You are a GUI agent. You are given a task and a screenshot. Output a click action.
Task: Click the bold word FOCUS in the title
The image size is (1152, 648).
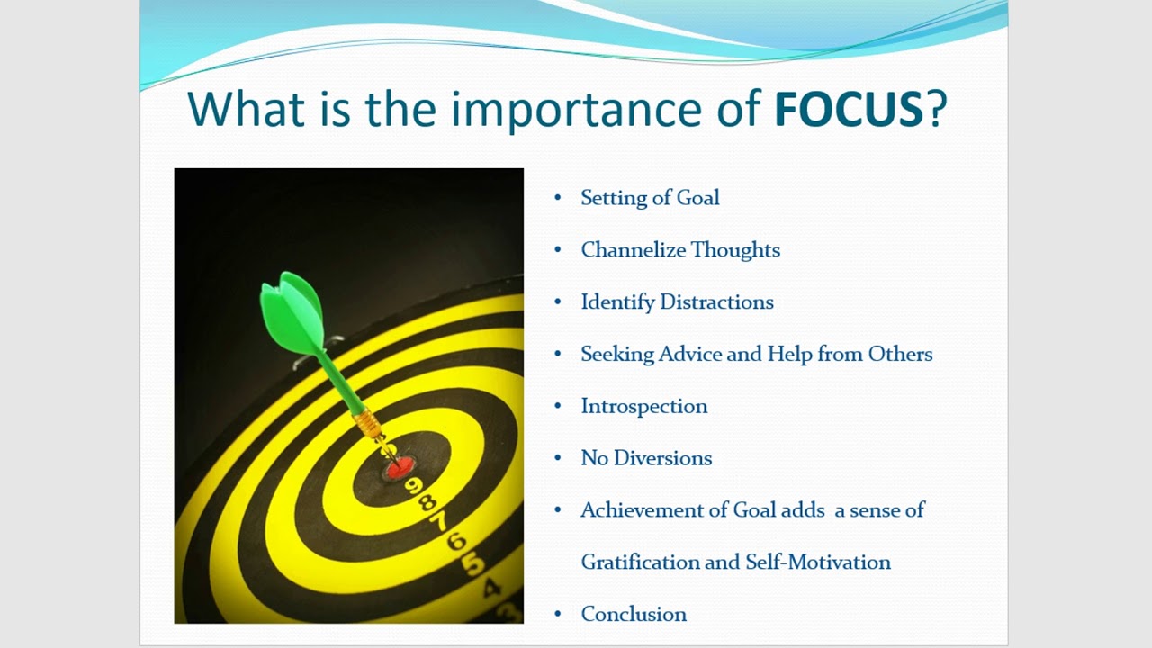coord(848,109)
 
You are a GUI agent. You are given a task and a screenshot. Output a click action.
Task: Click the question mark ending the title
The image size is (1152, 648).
coord(937,109)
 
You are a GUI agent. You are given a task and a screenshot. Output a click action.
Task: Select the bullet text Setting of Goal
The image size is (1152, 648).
coord(650,198)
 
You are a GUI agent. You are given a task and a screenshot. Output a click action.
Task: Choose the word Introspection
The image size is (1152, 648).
coord(643,407)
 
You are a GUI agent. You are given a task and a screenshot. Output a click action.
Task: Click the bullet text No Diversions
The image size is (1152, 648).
coord(646,458)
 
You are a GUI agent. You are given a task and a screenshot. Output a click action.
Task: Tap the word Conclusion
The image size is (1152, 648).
coord(634,615)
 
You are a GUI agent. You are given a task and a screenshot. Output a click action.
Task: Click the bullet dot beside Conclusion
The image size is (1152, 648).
coord(558,615)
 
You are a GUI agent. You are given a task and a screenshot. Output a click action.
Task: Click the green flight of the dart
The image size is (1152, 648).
coord(292,310)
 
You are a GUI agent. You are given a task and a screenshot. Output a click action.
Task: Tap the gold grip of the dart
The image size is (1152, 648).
coord(368,423)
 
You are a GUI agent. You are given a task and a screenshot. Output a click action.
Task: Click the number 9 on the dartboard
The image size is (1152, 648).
coord(414,487)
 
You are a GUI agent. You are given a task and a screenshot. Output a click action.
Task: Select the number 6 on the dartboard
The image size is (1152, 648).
coord(455,542)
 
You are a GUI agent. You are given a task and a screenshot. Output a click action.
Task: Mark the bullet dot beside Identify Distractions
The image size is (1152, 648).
coord(558,302)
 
